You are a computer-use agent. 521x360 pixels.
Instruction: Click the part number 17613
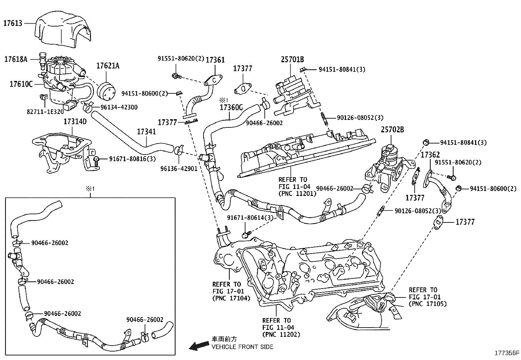coord(13,23)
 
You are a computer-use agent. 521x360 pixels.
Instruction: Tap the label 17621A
coord(108,66)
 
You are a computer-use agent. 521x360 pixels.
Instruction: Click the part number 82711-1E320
coord(45,112)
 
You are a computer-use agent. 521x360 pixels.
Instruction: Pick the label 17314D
coord(75,121)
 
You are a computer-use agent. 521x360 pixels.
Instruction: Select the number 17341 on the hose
coord(146,132)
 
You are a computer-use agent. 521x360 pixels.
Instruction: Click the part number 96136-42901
coord(179,169)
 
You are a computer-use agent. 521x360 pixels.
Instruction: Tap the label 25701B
coord(292,59)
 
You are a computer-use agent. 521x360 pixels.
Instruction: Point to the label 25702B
coord(392,129)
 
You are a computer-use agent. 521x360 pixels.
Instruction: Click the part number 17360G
coord(231,107)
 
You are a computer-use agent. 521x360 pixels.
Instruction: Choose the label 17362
coord(430,155)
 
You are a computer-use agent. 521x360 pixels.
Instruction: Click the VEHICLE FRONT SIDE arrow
coord(199,345)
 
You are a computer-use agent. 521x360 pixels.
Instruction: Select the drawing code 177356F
coord(507,353)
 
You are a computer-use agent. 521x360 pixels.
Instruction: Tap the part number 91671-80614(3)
coord(250,218)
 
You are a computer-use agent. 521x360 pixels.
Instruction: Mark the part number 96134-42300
coord(119,107)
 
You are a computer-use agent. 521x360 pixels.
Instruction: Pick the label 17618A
coord(16,59)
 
